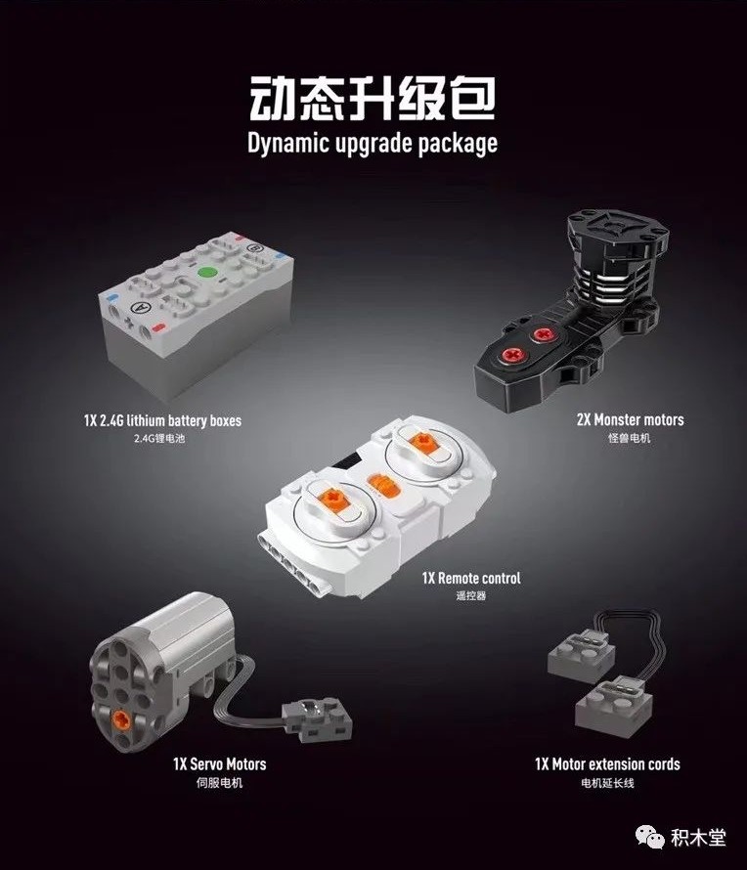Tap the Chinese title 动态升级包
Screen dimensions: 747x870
373,98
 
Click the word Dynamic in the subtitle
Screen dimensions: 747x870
288,143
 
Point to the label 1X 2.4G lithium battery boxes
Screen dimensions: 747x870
162,420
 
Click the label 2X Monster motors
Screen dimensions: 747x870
630,419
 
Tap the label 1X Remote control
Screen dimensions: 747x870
471,578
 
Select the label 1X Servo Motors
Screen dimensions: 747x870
220,764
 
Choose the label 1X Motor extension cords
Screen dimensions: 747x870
607,764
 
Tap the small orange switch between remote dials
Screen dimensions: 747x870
383,486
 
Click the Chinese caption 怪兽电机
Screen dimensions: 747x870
630,438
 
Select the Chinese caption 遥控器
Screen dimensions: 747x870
471,595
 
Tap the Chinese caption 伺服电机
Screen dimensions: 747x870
220,783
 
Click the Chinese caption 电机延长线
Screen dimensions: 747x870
608,783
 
